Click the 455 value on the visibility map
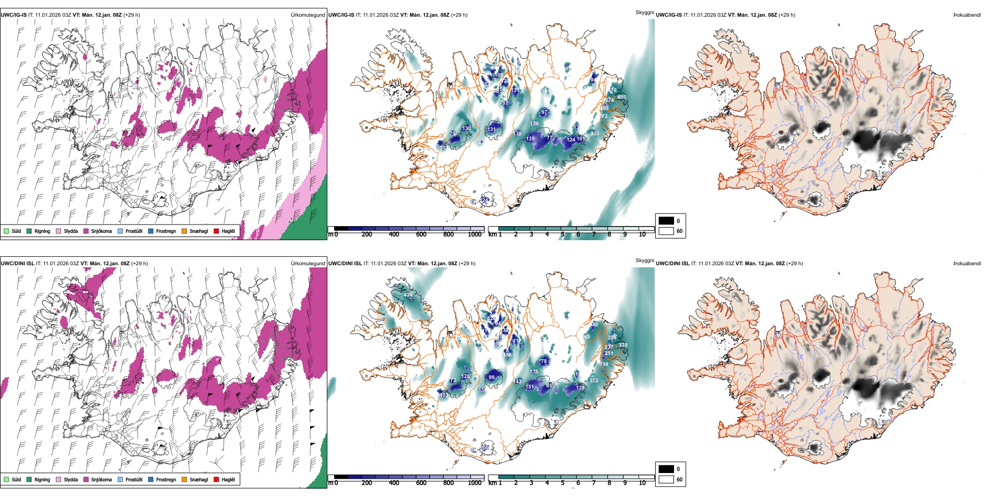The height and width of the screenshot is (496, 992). point(621,97)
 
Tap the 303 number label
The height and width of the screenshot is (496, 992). point(594,134)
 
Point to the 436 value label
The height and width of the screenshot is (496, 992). point(408,295)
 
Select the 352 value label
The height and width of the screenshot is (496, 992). point(594,381)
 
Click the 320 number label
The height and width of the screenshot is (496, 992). point(623,345)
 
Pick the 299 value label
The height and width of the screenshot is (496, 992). point(612,337)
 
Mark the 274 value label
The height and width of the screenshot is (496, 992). point(609,100)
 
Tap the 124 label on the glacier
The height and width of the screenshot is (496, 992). point(571,140)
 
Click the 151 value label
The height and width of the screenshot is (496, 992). point(529,387)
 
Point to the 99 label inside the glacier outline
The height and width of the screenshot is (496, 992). point(491,377)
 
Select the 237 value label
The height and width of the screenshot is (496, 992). point(609,347)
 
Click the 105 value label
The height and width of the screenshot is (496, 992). point(499,75)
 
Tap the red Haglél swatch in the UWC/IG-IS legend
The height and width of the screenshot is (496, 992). point(217,231)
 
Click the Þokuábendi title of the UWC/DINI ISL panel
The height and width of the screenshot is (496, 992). point(967,264)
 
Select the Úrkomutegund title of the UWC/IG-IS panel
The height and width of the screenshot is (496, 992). point(308,15)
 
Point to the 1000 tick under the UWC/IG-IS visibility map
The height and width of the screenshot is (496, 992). point(474,234)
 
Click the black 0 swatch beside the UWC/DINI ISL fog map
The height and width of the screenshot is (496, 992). point(666,469)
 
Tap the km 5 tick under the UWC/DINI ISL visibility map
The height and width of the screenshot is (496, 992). point(562,483)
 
